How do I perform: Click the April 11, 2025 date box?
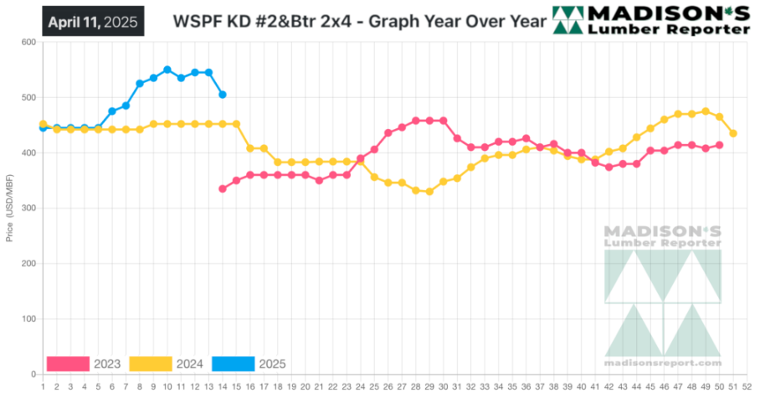click(x=92, y=22)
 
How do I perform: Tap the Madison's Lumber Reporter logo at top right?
click(x=651, y=20)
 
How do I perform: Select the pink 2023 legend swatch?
click(x=68, y=364)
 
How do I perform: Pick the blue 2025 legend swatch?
click(x=233, y=364)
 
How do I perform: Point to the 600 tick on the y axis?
click(x=28, y=42)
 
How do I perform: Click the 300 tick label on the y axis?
click(x=28, y=209)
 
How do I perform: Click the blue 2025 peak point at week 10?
click(x=167, y=70)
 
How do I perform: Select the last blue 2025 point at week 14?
click(x=223, y=95)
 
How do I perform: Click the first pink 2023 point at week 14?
click(x=223, y=189)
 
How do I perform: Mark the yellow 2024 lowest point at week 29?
click(x=429, y=192)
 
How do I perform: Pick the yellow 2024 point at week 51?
click(x=733, y=133)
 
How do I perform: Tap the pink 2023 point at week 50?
click(x=719, y=145)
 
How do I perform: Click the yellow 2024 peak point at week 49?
click(x=706, y=111)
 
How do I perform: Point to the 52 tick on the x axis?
click(x=747, y=386)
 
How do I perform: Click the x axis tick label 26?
click(x=388, y=386)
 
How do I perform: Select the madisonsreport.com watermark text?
click(x=662, y=363)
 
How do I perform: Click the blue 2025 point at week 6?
click(x=112, y=111)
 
